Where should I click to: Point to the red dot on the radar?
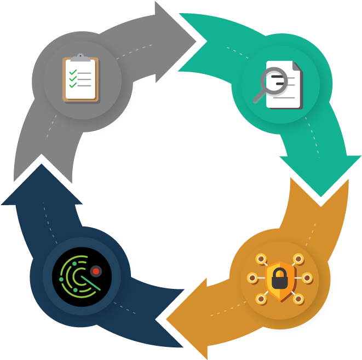coord(96,270)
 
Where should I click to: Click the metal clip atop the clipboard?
coord(81,57)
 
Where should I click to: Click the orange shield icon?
coord(281,278)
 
